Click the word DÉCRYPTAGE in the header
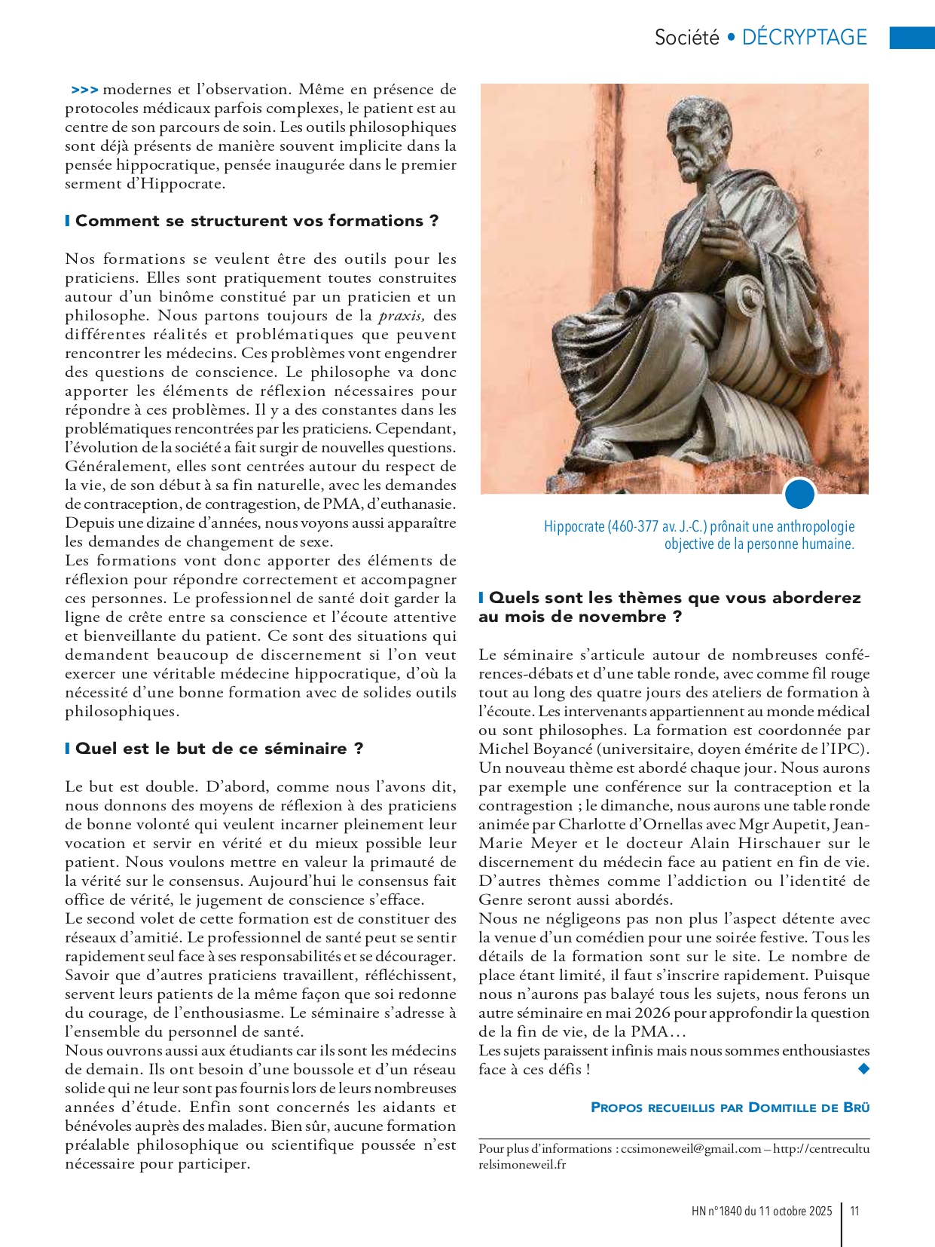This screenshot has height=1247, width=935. tap(804, 37)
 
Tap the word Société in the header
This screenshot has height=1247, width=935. tap(686, 37)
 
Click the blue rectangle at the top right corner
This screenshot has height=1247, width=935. tap(912, 38)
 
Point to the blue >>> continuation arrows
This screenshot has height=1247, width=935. tap(84, 90)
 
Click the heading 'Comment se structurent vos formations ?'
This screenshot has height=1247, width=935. tap(257, 221)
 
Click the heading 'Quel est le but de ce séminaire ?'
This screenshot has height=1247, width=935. tap(219, 749)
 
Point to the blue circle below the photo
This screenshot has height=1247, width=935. tap(799, 495)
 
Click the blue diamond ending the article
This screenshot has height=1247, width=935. tap(863, 1068)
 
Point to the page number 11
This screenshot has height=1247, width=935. tap(854, 1211)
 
